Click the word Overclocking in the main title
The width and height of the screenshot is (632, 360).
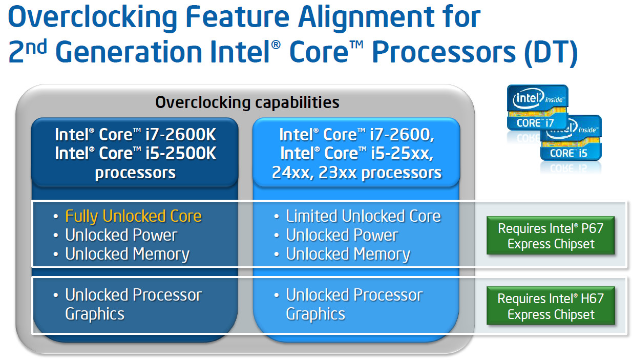click(x=93, y=18)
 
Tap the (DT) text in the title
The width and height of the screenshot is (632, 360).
click(x=551, y=53)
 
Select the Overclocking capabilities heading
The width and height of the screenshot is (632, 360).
click(x=247, y=102)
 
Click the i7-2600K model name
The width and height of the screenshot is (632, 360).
click(x=181, y=135)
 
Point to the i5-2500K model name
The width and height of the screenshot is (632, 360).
click(x=181, y=154)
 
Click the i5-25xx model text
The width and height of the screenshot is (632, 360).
click(x=402, y=154)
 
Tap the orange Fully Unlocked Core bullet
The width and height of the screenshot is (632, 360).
click(x=133, y=216)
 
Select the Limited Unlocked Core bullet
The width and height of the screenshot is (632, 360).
click(x=363, y=216)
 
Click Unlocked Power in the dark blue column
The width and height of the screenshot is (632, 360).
click(x=121, y=235)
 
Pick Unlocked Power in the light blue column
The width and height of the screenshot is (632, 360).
click(x=342, y=235)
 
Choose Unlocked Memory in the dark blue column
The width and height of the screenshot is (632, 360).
click(x=127, y=254)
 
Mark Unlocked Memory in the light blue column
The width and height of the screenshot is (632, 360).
click(x=348, y=254)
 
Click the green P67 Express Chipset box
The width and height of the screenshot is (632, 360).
click(x=551, y=236)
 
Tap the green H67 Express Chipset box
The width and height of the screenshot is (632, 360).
click(x=551, y=306)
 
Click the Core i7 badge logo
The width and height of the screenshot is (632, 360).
click(x=537, y=108)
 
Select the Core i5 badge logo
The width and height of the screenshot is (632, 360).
click(x=571, y=138)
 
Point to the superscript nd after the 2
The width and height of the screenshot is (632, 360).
click(x=36, y=47)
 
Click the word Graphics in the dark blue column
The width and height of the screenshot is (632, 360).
click(x=95, y=314)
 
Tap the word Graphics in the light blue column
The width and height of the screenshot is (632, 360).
click(x=315, y=314)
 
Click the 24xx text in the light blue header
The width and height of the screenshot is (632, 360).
click(x=293, y=173)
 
